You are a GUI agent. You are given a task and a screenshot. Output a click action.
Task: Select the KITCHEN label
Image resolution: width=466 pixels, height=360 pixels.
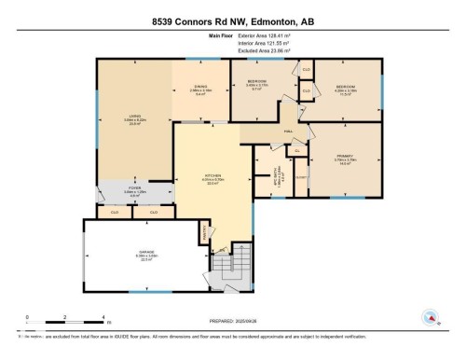pos(213,179)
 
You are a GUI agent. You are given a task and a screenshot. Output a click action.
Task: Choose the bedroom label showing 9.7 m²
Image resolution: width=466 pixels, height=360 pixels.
pos(258,85)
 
